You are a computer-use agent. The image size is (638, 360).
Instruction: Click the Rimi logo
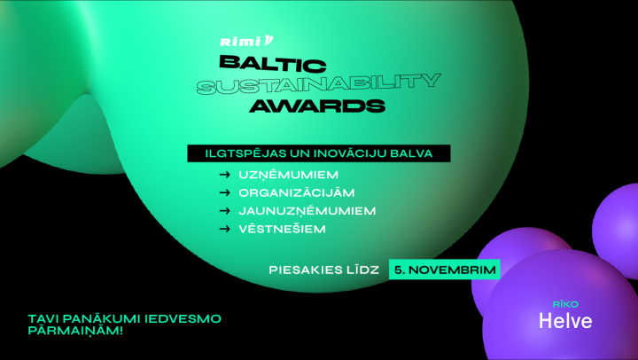pyautogui.click(x=246, y=41)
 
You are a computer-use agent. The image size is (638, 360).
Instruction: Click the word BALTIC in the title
pyautogui.click(x=273, y=64)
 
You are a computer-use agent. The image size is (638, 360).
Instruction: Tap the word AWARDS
pyautogui.click(x=317, y=106)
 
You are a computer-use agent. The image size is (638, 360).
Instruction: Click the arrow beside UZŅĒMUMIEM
pyautogui.click(x=224, y=175)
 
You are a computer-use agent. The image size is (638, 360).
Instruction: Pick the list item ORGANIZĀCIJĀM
pyautogui.click(x=297, y=192)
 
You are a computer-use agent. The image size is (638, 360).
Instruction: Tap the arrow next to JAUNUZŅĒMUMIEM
pyautogui.click(x=224, y=211)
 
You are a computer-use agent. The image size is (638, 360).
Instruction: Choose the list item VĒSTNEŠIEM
pyautogui.click(x=283, y=229)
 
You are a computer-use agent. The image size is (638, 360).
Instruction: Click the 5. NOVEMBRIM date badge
pyautogui.click(x=445, y=270)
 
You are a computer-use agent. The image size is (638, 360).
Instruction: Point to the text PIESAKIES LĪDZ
pyautogui.click(x=324, y=270)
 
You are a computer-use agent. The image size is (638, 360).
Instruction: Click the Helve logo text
pyautogui.click(x=565, y=321)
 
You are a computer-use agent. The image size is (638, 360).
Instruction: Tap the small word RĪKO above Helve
pyautogui.click(x=565, y=304)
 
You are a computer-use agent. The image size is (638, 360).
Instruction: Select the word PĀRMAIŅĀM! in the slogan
pyautogui.click(x=75, y=330)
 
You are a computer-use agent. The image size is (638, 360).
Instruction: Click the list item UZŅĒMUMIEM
pyautogui.click(x=289, y=175)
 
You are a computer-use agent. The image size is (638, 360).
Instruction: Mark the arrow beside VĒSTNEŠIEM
pyautogui.click(x=224, y=229)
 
